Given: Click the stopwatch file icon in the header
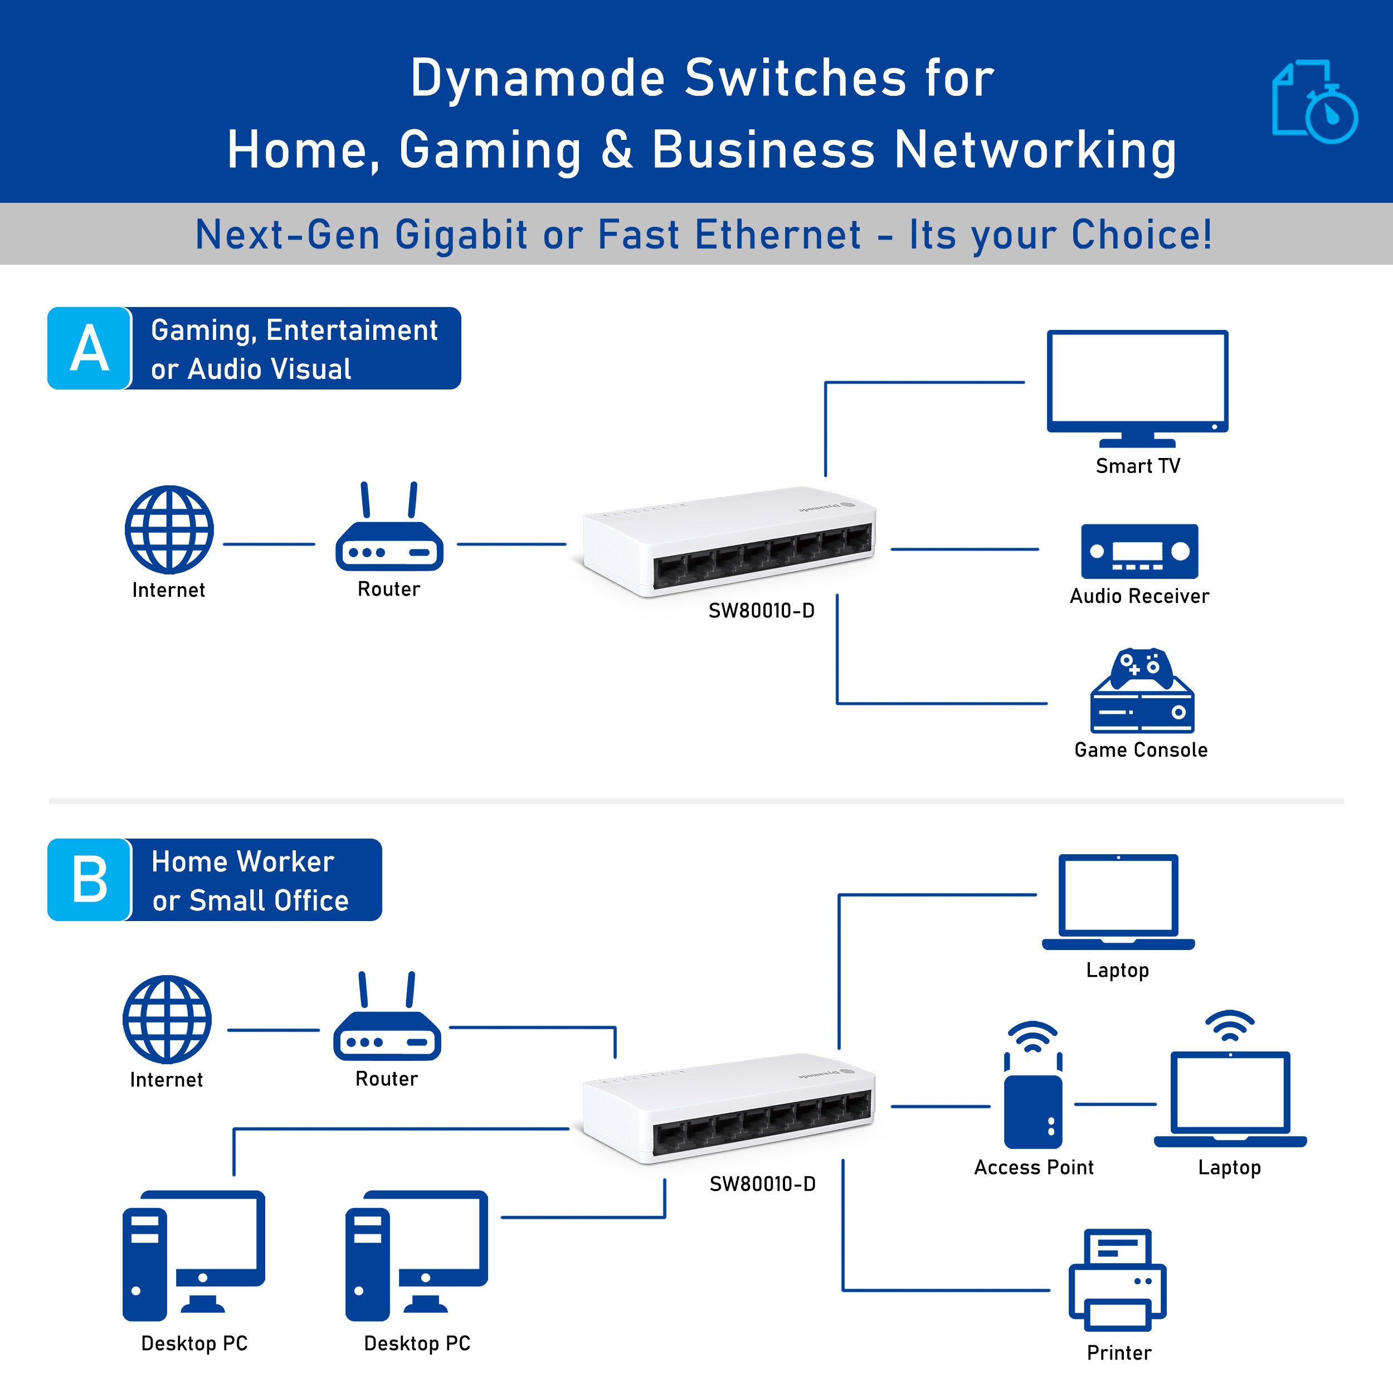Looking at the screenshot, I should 1314,101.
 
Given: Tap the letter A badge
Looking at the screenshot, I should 89,348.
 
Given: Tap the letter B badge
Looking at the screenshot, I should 89,880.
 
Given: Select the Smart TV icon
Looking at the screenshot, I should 1137,387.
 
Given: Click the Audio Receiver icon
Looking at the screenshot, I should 1139,552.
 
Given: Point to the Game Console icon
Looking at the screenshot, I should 1141,691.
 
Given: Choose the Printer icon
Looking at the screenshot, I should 1118,1280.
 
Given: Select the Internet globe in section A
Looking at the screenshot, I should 169,529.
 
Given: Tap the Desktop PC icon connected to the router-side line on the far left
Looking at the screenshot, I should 193,1255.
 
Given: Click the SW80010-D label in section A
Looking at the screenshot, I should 761,611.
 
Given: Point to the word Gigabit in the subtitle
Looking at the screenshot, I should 461,235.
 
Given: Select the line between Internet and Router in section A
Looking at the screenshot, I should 269,544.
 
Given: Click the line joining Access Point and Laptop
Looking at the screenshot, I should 1115,1104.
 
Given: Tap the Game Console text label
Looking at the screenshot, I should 1141,750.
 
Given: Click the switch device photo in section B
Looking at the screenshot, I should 728,1108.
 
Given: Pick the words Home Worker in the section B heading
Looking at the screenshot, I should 243,861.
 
